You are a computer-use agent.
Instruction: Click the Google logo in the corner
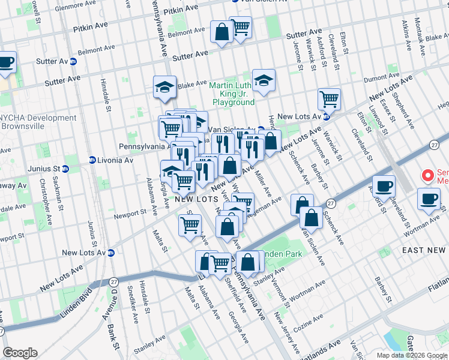[x=20, y=353]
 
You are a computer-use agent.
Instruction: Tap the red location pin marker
[x=428, y=176]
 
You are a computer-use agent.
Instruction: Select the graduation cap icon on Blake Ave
[x=164, y=88]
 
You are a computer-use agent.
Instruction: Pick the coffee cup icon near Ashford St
[x=384, y=186]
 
